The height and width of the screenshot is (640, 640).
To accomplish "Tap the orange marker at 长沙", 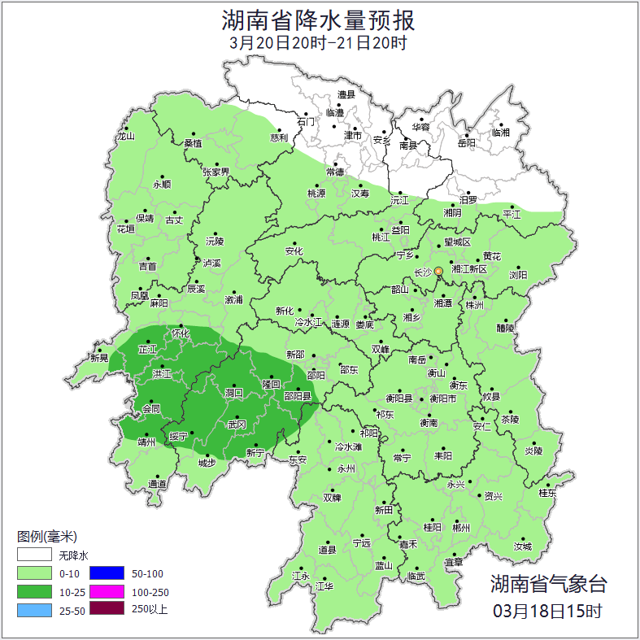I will click(x=439, y=272).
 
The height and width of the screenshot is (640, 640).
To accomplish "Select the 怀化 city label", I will click(x=181, y=333).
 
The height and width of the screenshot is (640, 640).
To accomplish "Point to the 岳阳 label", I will click(x=466, y=143).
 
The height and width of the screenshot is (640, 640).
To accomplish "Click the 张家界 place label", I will click(x=216, y=172).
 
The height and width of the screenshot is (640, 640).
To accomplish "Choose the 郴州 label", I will click(x=461, y=527).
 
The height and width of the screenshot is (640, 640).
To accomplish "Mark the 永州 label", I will click(x=346, y=469).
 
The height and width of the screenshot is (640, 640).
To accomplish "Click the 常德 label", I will click(x=335, y=172).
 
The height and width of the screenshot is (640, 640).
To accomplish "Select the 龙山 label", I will click(x=125, y=137).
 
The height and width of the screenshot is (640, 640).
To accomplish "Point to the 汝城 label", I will click(x=522, y=546).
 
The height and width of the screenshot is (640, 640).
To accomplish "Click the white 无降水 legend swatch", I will click(x=34, y=555).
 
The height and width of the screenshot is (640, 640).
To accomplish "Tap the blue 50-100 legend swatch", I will click(x=106, y=574).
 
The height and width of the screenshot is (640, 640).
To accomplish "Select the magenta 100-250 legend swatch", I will click(x=106, y=592).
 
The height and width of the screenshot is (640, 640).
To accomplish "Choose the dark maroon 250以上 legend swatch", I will click(x=106, y=609).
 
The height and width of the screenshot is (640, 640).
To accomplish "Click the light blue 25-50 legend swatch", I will click(x=34, y=610).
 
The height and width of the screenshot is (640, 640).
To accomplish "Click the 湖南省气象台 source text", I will click(x=548, y=583).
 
